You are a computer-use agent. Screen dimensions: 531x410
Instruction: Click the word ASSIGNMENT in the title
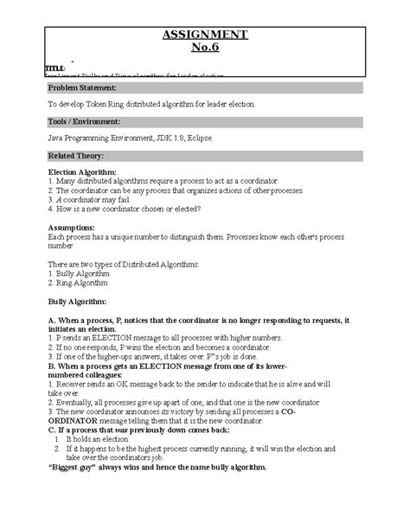click(x=205, y=34)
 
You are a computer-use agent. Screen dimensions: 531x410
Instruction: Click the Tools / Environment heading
click(x=84, y=121)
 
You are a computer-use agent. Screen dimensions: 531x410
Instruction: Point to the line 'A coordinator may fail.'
click(x=94, y=199)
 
